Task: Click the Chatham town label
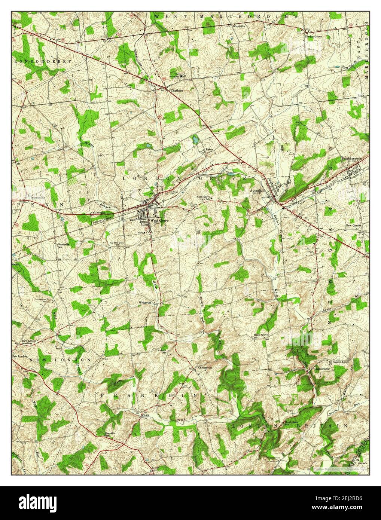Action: pyautogui.click(x=176, y=90)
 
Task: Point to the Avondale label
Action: pyautogui.click(x=257, y=190)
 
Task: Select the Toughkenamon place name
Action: pyautogui.click(x=352, y=159)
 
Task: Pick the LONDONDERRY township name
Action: pyautogui.click(x=43, y=61)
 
